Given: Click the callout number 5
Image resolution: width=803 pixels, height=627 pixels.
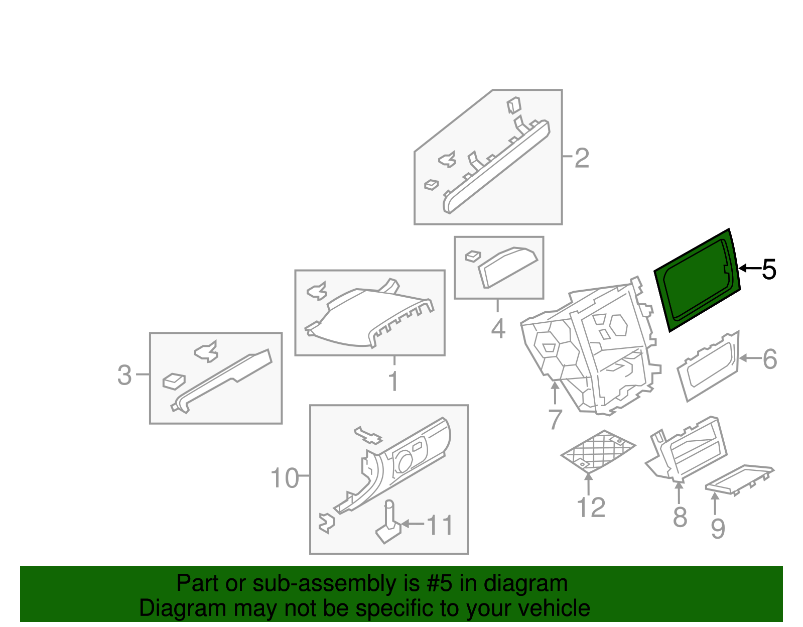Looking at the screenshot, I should point(769,270).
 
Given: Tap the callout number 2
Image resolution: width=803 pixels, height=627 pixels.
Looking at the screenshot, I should point(581,158).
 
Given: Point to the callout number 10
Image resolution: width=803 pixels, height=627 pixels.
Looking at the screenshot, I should point(285,478).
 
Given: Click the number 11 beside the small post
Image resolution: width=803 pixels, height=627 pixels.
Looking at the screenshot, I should point(440,525).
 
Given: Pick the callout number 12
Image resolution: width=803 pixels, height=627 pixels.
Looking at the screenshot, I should point(591,508).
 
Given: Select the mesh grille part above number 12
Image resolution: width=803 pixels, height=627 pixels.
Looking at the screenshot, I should point(598,450).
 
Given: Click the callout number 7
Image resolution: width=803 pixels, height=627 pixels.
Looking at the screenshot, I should point(555,419).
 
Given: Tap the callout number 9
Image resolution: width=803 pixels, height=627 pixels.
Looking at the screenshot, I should point(718,528).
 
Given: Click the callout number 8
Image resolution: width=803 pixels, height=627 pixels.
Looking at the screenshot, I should point(680,517).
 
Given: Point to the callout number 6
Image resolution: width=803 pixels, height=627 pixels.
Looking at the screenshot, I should point(770,359).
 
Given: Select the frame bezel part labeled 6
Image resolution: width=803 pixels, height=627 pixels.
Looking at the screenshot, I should point(708,367).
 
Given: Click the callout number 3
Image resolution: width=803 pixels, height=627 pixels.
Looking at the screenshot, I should point(124,375).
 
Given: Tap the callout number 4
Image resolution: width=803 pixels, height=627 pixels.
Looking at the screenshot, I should point(497,329).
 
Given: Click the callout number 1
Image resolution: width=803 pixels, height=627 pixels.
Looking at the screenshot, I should point(393,382).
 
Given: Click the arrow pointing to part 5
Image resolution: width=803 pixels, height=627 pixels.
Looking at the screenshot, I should point(749,269).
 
